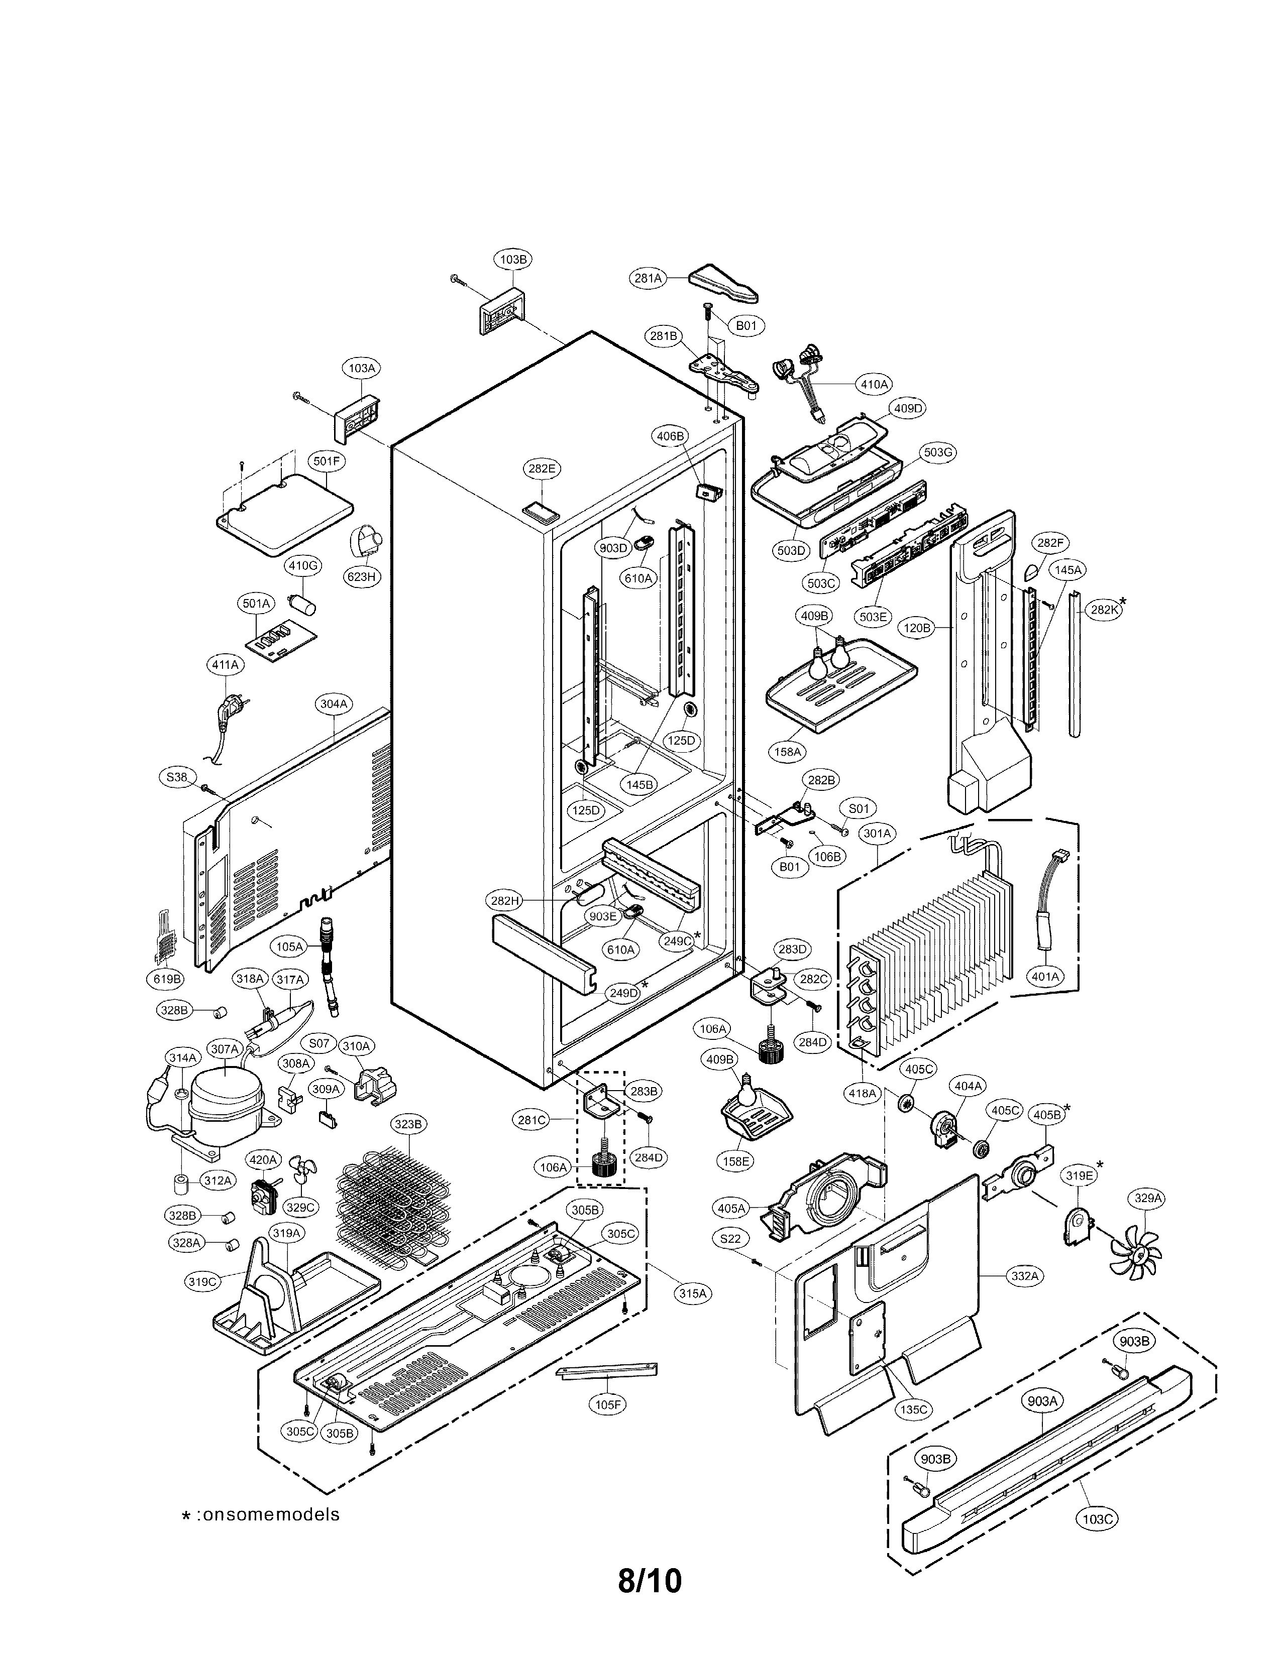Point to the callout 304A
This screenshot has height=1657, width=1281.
click(x=333, y=703)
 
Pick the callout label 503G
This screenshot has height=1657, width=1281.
click(x=937, y=452)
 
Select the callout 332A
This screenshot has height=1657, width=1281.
click(x=1024, y=1275)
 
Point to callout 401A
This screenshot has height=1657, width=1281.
click(x=1045, y=977)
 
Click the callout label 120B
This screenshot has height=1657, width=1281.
click(x=917, y=628)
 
